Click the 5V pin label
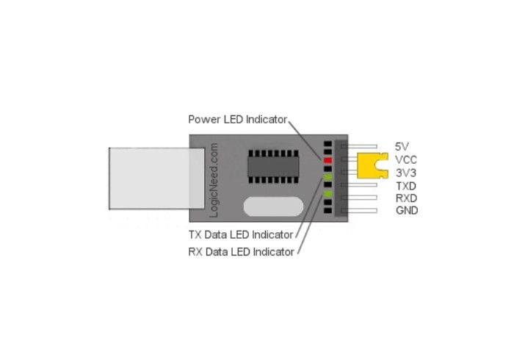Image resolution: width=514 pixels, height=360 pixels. (x=402, y=146)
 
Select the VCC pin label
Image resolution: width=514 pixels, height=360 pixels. (x=406, y=160)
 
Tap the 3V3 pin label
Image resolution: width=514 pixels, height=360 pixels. (x=406, y=173)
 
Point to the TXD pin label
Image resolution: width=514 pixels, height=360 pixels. (x=406, y=186)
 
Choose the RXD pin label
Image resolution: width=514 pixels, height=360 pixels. (x=407, y=198)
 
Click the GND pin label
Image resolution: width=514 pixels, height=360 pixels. (x=407, y=211)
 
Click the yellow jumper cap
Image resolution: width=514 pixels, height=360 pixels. (x=372, y=165)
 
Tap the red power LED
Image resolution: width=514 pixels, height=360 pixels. (x=327, y=160)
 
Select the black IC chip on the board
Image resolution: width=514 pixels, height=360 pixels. (x=273, y=167)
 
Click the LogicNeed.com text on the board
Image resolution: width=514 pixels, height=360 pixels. (x=214, y=180)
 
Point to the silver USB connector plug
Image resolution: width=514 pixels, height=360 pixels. (x=157, y=179)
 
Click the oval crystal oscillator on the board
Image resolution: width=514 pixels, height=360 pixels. (x=273, y=206)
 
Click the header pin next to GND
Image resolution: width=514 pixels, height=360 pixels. (x=359, y=211)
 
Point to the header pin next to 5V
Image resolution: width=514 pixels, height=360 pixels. (x=359, y=146)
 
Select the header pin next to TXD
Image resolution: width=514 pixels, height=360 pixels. (x=359, y=185)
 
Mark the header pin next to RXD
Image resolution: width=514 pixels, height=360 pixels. (x=359, y=198)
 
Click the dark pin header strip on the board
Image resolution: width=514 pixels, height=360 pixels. (x=341, y=178)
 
